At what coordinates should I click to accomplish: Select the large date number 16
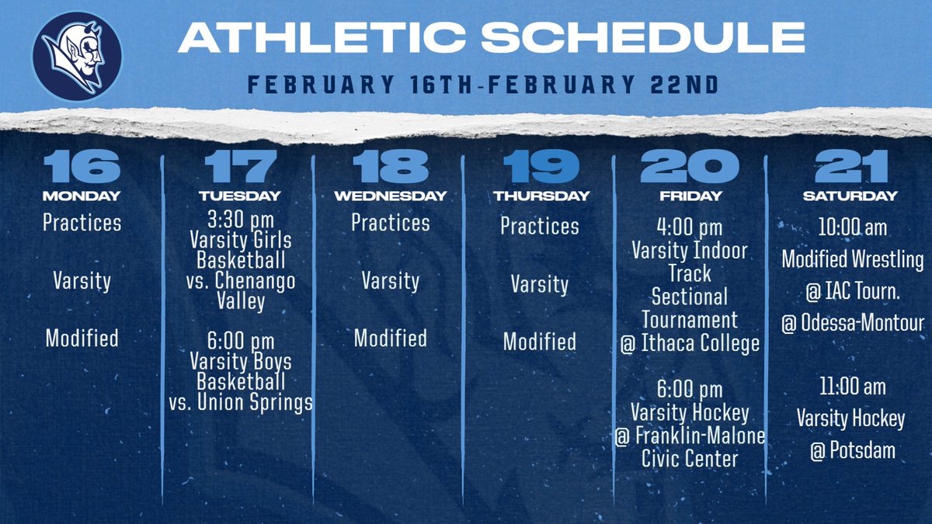82,166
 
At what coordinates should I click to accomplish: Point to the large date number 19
540,166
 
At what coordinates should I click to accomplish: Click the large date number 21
850,166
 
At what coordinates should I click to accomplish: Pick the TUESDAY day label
239,196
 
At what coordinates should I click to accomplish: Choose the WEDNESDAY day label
390,196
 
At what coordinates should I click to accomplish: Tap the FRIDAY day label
690,196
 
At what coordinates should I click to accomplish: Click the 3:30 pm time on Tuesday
240,217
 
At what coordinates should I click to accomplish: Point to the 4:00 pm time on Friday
690,228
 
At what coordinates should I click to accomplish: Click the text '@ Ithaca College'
690,342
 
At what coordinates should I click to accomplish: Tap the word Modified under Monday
82,338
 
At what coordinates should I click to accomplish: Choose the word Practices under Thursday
540,226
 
